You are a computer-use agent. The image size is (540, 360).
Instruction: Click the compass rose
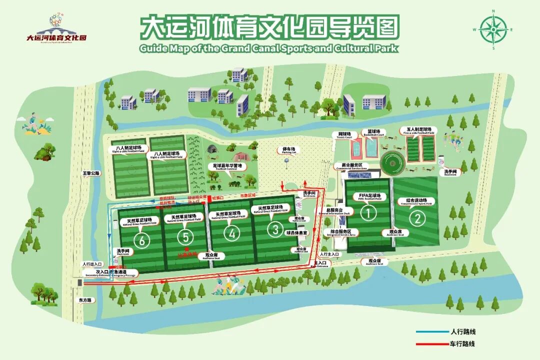pos(493,29)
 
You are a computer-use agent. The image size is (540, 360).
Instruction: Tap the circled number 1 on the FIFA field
pos(368,213)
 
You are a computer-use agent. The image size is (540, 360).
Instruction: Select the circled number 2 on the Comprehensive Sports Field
pos(417,218)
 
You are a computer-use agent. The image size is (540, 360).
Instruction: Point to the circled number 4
pos(231,233)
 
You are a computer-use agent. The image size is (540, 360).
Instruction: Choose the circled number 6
pos(143,240)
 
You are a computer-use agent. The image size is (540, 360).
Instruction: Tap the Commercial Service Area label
pos(354,165)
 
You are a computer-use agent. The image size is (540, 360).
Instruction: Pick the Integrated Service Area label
pos(342,232)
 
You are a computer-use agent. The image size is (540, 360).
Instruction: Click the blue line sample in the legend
pos(432,331)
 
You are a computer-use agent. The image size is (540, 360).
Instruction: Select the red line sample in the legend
pos(432,343)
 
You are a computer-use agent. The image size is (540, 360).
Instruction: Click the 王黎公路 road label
pos(91,173)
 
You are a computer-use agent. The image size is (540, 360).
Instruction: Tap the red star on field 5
pos(186,248)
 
